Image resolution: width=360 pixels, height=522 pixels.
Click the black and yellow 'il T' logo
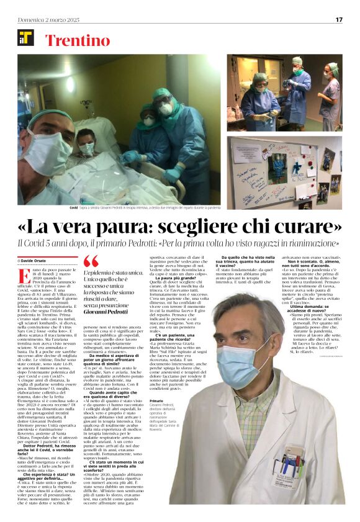(x=26, y=38)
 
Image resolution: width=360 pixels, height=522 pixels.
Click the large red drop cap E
(x=24, y=277)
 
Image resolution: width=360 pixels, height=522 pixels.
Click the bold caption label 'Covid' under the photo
(x=74, y=209)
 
